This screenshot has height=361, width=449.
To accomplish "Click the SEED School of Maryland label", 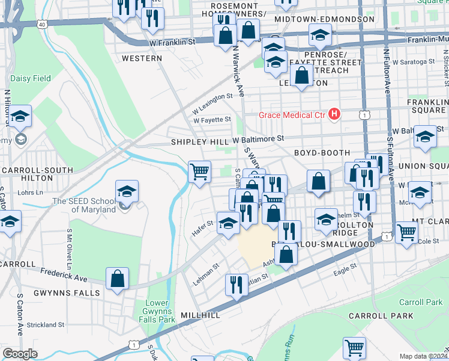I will point(84,205).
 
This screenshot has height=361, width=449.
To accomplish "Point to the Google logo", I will point(20,354).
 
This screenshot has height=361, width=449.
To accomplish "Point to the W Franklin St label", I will point(173,43).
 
